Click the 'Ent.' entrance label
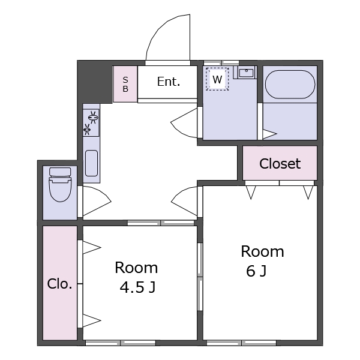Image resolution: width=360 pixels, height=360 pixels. (x=169, y=82)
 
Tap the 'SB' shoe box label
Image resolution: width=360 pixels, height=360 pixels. (x=125, y=85)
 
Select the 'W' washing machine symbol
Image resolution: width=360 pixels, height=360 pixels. (x=217, y=79)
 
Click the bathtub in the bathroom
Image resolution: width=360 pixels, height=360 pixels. (x=290, y=84)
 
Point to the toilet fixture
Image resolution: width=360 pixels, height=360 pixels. (x=60, y=184)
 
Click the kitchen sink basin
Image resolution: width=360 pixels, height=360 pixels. (x=91, y=163)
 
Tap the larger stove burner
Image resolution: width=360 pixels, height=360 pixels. (x=93, y=117)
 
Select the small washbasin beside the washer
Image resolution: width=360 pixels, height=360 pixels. (x=246, y=73)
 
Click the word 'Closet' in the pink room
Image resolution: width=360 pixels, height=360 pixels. (x=280, y=164)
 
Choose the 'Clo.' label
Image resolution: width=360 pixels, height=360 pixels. (x=59, y=284)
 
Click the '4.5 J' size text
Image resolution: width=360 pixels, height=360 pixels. (x=138, y=287)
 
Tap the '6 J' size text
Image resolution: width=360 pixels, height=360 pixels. (x=256, y=271)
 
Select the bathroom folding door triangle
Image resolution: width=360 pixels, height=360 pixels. (x=269, y=134)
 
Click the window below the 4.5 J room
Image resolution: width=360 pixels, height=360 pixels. (x=121, y=343)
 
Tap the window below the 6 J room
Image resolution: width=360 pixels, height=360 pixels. (x=242, y=343)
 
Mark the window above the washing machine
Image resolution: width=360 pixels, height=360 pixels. (x=221, y=62)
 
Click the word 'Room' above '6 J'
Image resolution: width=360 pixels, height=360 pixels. (x=262, y=251)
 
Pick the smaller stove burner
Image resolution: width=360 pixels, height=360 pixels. (x=87, y=130)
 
